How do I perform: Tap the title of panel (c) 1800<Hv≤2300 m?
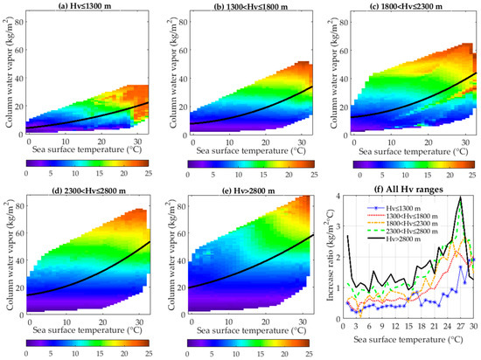[408, 8]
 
